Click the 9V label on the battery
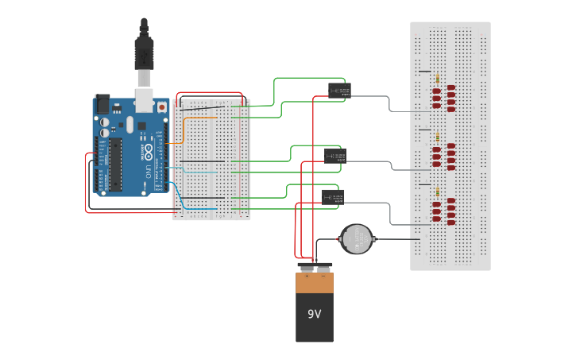click(315, 314)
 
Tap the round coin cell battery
click(356, 238)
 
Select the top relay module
click(339, 91)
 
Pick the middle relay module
click(334, 156)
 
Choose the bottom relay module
click(332, 197)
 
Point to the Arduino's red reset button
click(163, 106)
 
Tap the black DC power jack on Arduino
click(102, 104)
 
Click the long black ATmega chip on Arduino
click(116, 164)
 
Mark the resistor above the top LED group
click(438, 78)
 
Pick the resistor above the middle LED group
click(438, 137)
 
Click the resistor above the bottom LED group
click(438, 192)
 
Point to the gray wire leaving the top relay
click(373, 96)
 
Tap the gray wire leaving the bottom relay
click(373, 203)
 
